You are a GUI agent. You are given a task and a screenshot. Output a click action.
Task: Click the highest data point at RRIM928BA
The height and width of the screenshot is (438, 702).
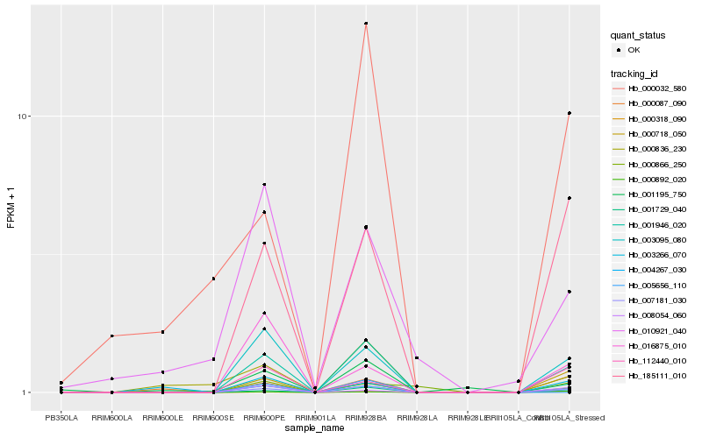tap(366, 24)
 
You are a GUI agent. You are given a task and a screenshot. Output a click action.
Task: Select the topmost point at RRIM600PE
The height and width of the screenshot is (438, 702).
tap(264, 185)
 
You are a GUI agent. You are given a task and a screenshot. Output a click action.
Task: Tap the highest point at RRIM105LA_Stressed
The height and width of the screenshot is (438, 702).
tap(569, 113)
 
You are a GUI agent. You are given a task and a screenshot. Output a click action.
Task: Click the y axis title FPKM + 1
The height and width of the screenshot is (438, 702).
tap(11, 208)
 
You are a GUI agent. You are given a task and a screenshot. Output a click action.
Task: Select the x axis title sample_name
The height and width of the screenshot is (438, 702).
tap(315, 427)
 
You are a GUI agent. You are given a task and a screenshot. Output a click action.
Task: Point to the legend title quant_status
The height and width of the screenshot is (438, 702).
tap(638, 35)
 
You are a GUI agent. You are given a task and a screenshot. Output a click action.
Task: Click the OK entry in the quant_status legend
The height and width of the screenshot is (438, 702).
tap(634, 50)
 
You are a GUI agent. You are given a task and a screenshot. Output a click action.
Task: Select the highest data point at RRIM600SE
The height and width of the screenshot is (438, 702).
tap(213, 279)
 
